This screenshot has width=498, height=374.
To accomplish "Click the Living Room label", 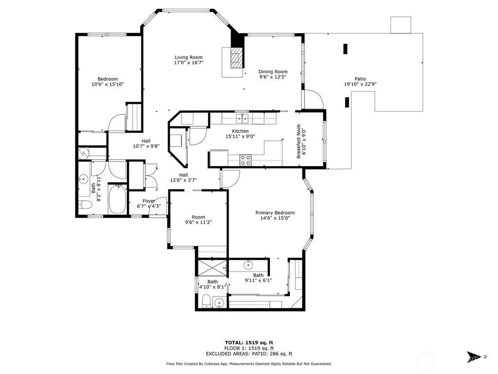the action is pos(188,57).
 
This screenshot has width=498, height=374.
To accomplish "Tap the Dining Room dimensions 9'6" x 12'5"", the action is pos(273,76).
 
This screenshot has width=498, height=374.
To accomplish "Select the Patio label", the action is pos(360,79).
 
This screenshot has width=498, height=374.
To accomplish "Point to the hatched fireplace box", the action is pos(236,58).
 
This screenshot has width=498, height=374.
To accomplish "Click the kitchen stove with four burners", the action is pos(245,160).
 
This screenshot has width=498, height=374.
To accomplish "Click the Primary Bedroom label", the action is pos(275,213).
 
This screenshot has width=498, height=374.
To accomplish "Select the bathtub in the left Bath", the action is pos(117,199).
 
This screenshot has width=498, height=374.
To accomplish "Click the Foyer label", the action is pos(149,201).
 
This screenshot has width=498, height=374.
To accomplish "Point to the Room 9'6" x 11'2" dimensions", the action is pos(198,222).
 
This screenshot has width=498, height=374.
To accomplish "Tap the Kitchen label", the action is pos(240,131).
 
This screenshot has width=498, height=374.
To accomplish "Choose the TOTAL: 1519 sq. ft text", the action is pos(249,342).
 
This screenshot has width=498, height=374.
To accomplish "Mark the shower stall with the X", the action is pos(212,268).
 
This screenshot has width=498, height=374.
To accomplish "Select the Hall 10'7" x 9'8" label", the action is pos(146,144).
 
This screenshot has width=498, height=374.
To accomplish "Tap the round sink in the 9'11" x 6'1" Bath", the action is pos(248,264).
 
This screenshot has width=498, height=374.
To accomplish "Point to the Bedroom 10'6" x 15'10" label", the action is pos(107,81).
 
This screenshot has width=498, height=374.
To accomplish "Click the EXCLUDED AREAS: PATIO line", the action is pos(249,354).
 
